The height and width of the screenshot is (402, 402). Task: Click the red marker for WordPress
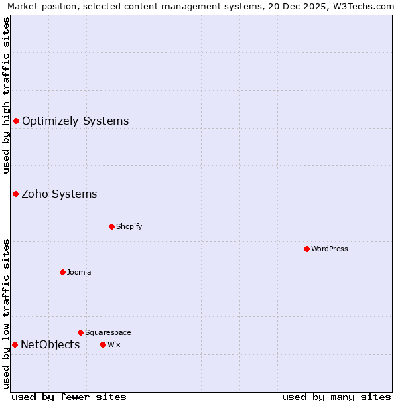[306, 249]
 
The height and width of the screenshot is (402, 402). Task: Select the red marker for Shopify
[111, 226]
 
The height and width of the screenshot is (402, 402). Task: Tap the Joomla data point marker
[62, 272]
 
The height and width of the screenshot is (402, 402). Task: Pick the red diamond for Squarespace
[80, 332]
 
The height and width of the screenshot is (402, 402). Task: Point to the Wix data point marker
[103, 344]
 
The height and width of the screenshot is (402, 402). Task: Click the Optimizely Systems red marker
[16, 121]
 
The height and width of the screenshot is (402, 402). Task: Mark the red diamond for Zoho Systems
[15, 194]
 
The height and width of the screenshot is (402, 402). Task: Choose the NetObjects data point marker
[15, 344]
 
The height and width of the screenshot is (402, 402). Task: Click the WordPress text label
[330, 249]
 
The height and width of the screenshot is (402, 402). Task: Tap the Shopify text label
[129, 226]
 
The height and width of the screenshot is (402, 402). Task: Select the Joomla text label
[79, 272]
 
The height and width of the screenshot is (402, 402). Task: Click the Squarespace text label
[108, 332]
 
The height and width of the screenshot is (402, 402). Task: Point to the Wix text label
[113, 344]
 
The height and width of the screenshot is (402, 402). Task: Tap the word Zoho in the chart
[34, 194]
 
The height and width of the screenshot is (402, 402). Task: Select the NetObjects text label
[50, 345]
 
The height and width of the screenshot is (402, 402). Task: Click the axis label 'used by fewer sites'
[69, 397]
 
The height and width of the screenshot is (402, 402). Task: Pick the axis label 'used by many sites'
[336, 397]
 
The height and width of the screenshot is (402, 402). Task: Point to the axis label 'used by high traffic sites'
[7, 95]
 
